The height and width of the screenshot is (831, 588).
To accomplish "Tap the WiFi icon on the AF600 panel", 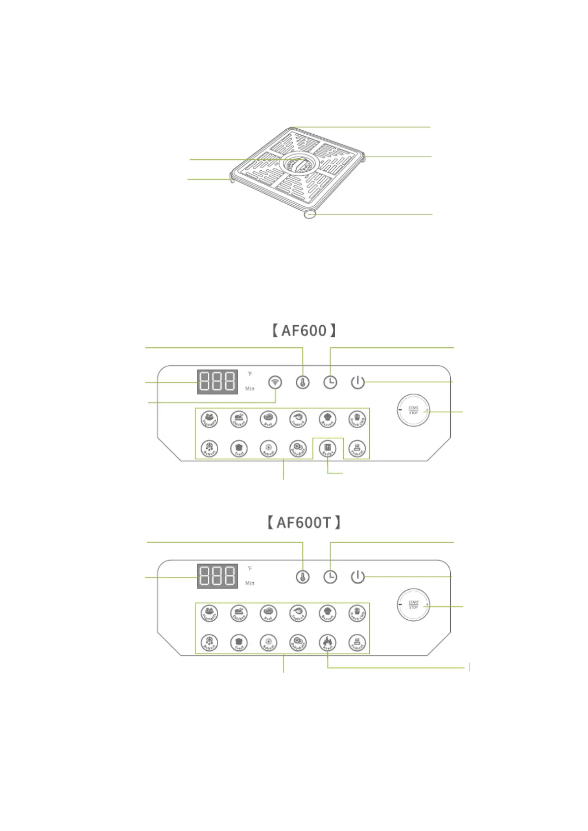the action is (275, 382).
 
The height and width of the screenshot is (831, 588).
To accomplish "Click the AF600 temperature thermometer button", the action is (303, 382).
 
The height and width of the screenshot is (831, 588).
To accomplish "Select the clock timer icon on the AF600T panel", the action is (330, 576).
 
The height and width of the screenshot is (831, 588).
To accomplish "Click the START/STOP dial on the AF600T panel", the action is (413, 604).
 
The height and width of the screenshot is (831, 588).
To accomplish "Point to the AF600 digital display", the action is (217, 382).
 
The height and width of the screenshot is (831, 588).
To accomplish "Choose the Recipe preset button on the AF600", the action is (328, 449).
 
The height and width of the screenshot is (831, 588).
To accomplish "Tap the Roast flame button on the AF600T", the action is (328, 642).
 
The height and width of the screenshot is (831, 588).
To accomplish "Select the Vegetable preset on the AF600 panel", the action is (209, 419).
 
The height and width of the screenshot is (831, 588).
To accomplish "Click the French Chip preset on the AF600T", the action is (357, 613).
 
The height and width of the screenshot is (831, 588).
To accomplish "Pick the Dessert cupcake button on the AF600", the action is (328, 419).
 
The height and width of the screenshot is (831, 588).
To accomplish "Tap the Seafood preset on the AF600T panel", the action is (298, 613).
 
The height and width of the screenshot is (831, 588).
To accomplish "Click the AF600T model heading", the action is (304, 522).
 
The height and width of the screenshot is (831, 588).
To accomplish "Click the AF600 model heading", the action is (304, 330).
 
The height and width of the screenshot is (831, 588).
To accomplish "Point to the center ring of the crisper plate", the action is (298, 164).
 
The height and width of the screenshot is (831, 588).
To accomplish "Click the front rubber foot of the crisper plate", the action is (310, 214).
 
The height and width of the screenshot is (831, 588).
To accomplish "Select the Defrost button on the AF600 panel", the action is (209, 449).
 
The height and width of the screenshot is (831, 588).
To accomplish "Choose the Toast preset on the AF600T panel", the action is (239, 642).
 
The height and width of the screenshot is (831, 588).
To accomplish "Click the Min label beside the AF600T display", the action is (250, 583).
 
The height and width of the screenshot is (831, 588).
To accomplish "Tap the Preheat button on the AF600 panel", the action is (357, 449).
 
